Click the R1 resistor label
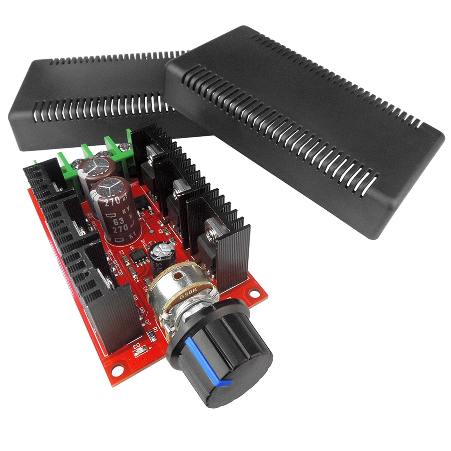click(x=154, y=330)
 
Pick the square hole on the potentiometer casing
click(x=178, y=275)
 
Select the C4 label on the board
click(x=137, y=279)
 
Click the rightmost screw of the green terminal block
click(x=123, y=146)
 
